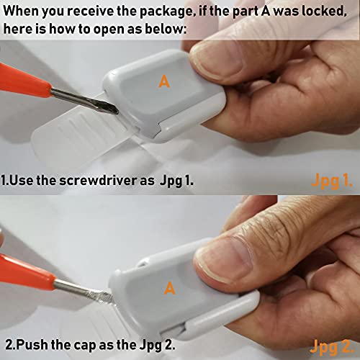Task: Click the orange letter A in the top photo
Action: [164, 82]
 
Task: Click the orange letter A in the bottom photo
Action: [170, 289]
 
